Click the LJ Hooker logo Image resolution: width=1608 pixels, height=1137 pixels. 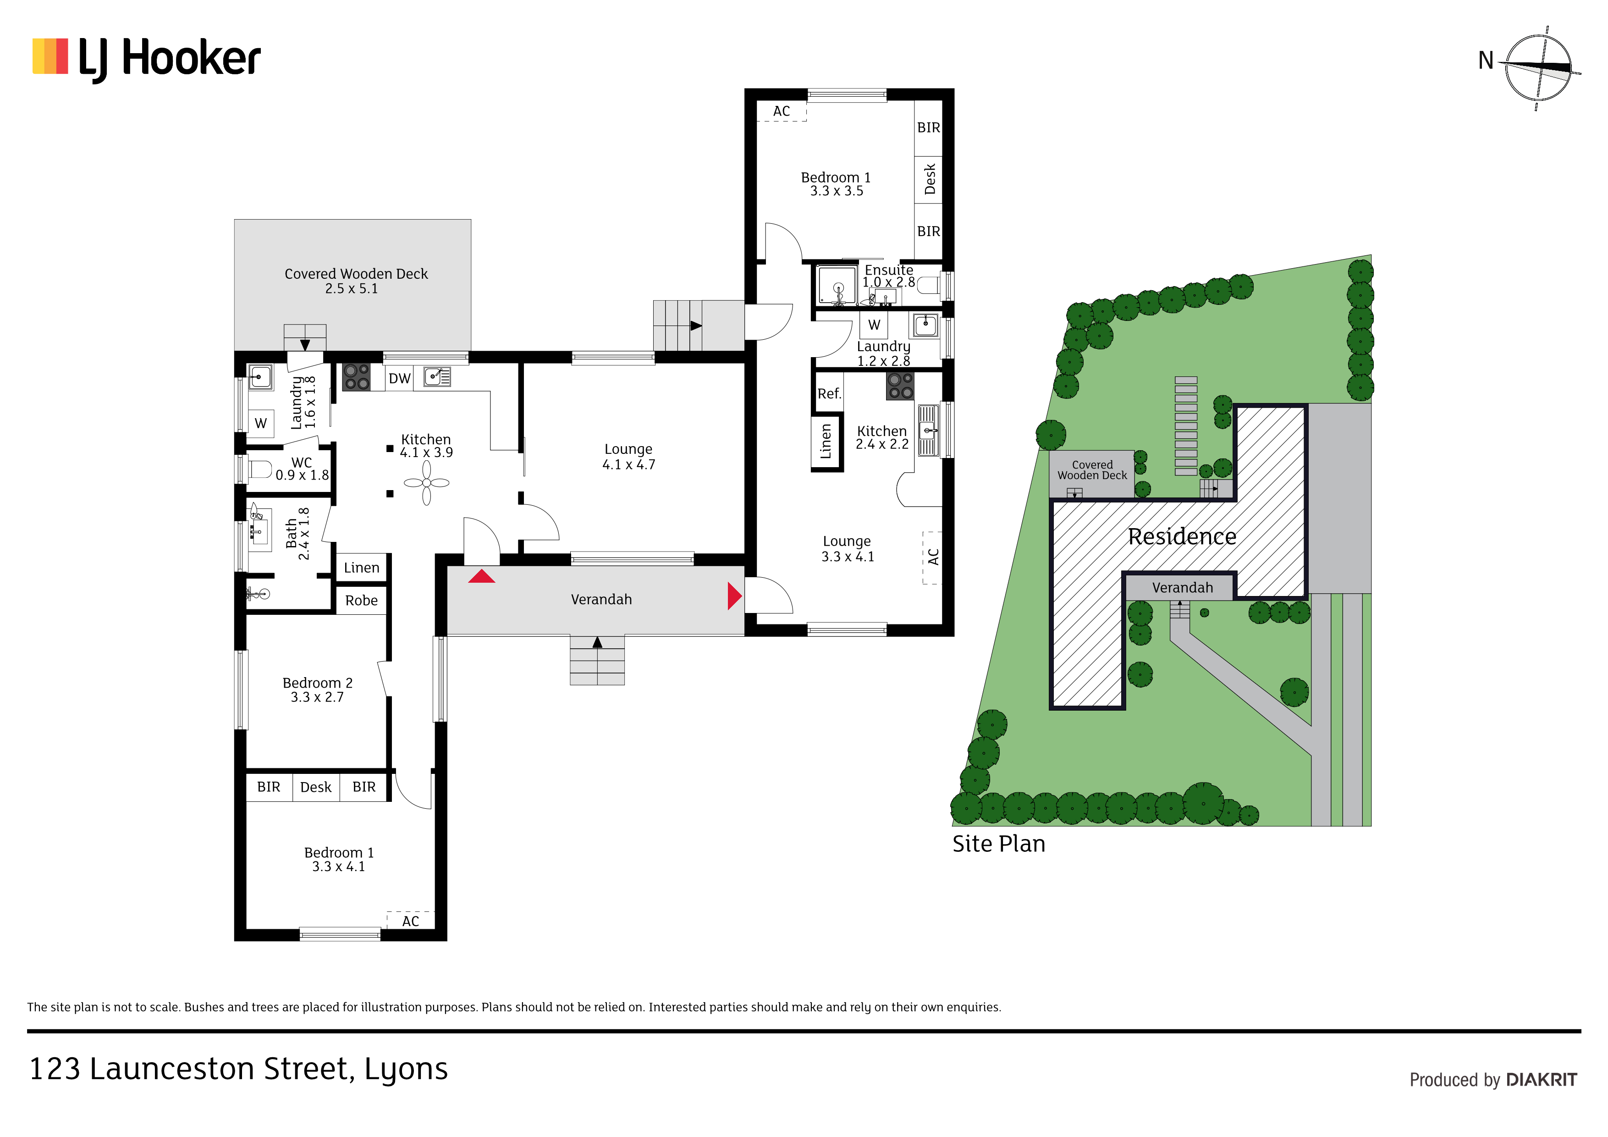click(x=146, y=59)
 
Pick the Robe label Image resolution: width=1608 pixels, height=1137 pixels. click(x=361, y=601)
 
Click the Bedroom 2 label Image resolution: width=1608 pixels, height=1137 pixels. click(x=317, y=690)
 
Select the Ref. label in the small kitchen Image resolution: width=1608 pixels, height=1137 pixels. click(x=829, y=394)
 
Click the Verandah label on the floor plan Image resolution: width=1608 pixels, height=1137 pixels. click(x=601, y=600)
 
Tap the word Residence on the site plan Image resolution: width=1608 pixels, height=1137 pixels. click(x=1182, y=536)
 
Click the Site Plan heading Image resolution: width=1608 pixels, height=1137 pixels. click(x=999, y=844)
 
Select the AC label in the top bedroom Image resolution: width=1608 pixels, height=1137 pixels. click(x=782, y=111)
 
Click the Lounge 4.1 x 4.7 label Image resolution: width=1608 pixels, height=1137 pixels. click(x=629, y=457)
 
